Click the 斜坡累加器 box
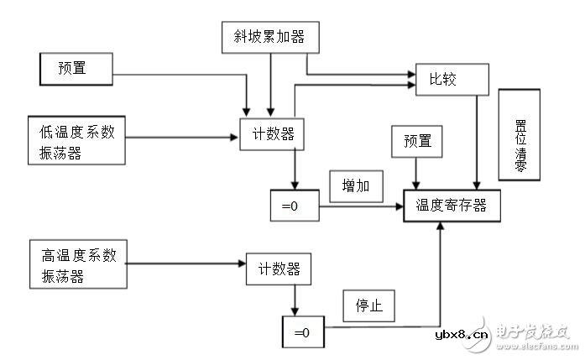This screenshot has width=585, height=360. [269, 38]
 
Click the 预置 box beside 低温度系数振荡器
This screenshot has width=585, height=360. [76, 68]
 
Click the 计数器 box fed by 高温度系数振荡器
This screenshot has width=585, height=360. [273, 269]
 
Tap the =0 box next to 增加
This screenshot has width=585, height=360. [295, 205]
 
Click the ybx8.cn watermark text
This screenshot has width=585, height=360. [461, 335]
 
